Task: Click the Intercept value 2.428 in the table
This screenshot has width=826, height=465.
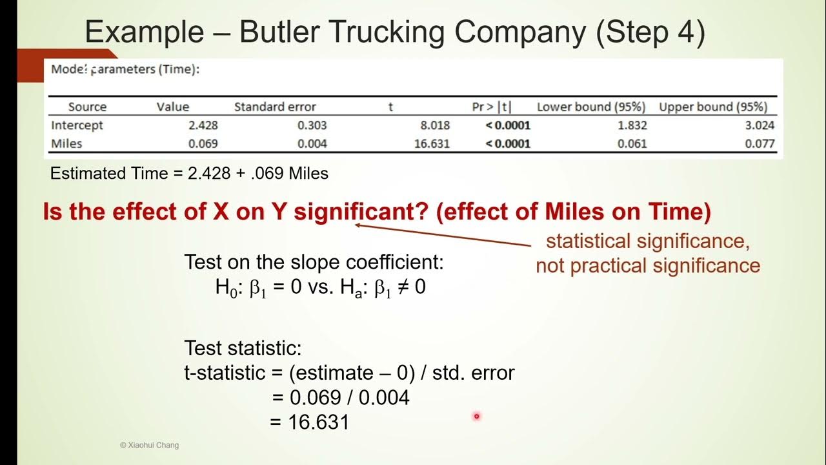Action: click(203, 125)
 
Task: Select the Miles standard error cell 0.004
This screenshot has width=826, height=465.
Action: click(312, 143)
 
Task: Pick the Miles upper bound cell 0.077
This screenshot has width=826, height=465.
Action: click(760, 143)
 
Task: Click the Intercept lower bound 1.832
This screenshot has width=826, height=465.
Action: click(632, 125)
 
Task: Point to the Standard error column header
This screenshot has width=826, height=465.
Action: click(275, 107)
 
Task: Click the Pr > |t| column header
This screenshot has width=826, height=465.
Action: click(492, 107)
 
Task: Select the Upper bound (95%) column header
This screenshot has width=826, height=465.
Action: click(712, 107)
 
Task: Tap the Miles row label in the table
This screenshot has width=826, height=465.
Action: click(66, 143)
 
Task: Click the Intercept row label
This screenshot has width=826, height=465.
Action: click(77, 125)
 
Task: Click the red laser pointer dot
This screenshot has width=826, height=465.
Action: click(476, 417)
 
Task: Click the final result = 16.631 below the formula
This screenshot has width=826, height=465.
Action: click(310, 422)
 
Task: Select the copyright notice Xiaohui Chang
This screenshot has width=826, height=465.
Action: click(149, 445)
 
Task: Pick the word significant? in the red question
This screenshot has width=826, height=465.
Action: click(361, 212)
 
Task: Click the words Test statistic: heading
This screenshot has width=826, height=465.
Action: click(243, 349)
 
